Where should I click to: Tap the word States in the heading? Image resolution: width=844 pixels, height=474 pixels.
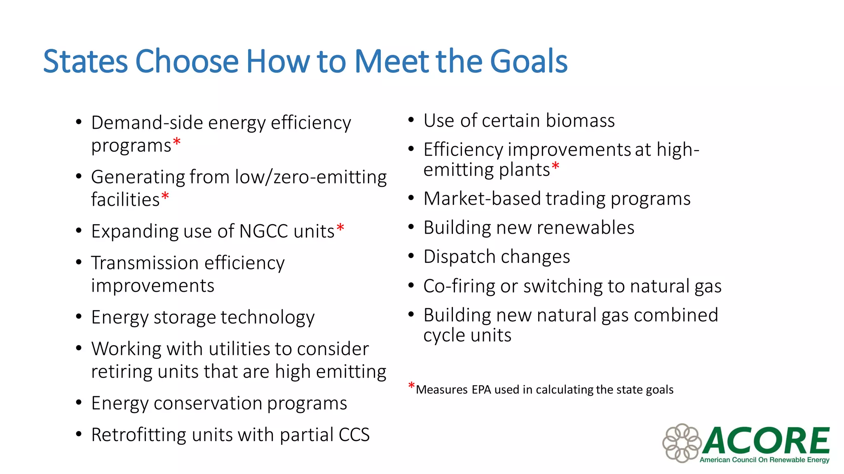[85, 61]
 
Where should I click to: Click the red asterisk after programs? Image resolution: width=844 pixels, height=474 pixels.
[177, 142]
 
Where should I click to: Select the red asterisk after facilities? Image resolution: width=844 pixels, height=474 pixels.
[165, 196]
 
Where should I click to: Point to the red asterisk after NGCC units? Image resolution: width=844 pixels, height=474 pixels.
[340, 228]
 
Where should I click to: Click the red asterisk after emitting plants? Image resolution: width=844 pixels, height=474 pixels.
[555, 166]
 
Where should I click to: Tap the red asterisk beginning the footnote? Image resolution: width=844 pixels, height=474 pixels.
[411, 386]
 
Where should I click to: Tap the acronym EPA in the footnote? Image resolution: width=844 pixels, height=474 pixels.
[481, 390]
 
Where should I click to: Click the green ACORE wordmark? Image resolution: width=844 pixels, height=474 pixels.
[766, 440]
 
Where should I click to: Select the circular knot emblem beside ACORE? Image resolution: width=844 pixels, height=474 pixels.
[682, 443]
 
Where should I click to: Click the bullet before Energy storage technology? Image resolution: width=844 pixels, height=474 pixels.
[79, 317]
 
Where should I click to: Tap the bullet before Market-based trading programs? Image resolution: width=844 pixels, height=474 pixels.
[411, 198]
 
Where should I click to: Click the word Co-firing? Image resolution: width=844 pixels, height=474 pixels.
[459, 286]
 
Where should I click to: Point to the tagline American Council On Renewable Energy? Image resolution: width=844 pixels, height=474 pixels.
[764, 460]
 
